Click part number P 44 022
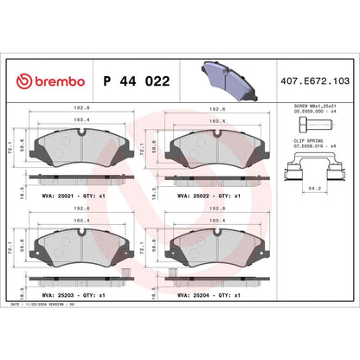[x=136, y=80]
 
